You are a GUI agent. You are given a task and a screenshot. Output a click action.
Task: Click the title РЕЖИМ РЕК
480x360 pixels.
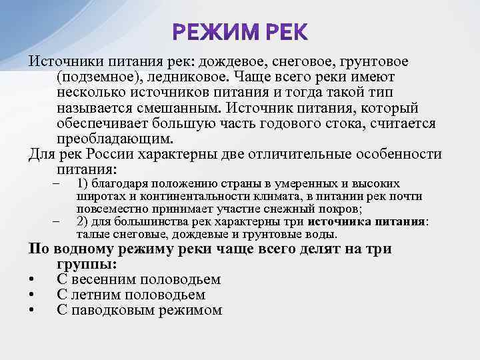[240, 32]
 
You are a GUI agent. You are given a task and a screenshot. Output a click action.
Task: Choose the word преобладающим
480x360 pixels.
[115, 139]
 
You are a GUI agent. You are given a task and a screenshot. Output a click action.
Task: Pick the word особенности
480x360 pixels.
[397, 154]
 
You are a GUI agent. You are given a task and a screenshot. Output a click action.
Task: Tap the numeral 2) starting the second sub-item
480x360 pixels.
[83, 222]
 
